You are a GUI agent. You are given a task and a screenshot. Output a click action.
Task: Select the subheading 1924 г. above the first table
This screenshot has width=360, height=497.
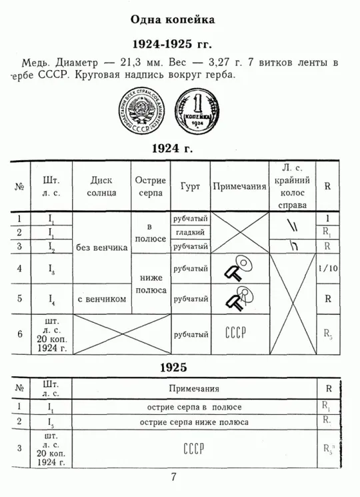point(173,148)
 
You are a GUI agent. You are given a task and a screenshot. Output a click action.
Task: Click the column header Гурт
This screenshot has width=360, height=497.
point(190,187)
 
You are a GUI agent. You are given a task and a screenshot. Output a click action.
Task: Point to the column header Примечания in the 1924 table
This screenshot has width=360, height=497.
point(239,187)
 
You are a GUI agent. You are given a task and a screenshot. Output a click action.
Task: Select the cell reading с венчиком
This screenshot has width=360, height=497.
point(101,299)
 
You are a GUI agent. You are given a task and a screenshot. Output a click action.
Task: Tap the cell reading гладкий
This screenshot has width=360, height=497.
point(190,232)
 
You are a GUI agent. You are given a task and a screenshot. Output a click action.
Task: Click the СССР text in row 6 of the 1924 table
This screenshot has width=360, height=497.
point(237,332)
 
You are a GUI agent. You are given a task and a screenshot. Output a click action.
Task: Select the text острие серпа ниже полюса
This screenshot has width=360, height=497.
point(194,422)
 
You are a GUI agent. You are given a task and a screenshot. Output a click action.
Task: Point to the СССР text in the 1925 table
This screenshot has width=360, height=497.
point(193,446)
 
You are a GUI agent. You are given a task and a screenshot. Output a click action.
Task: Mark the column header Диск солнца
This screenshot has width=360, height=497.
point(101,187)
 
